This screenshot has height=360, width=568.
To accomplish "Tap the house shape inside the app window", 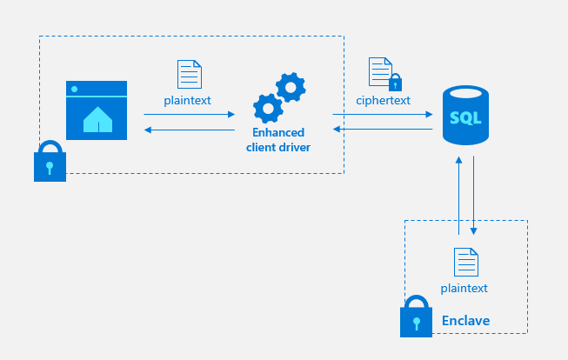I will (97, 121).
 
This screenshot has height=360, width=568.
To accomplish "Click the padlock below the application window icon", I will (50, 163).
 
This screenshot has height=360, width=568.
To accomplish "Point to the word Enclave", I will (465, 321).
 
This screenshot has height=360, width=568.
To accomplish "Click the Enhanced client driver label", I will (278, 140).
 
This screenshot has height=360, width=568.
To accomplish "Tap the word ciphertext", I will (383, 100).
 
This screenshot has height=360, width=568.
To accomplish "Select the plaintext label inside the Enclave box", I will (464, 288).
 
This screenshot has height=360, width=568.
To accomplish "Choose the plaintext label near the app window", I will (188, 100).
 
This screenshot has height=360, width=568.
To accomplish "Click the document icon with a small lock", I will (384, 73).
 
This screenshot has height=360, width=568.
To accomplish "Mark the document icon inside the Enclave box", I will (464, 261).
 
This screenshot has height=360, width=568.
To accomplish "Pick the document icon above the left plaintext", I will (189, 74).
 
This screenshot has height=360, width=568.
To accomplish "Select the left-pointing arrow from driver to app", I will (190, 130).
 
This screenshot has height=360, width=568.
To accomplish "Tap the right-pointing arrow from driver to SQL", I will (383, 114).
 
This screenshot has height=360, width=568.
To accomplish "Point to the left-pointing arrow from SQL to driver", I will (383, 130).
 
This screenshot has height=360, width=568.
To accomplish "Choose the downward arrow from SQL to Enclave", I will (473, 196).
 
